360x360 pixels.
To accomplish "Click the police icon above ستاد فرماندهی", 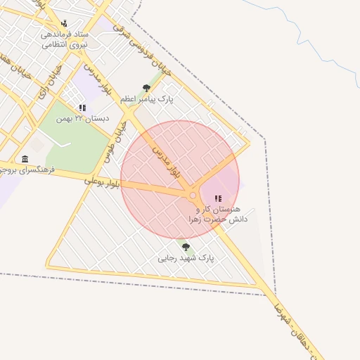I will pyautogui.click(x=65, y=22).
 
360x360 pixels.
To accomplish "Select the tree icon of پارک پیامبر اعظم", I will pyautogui.click(x=146, y=88).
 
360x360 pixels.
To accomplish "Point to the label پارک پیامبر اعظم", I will pyautogui.click(x=146, y=100).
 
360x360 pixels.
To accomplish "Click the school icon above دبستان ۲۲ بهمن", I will pyautogui.click(x=83, y=108).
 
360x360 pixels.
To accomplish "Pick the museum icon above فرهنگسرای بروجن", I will pyautogui.click(x=25, y=158).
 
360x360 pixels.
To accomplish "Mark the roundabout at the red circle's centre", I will pyautogui.click(x=193, y=195).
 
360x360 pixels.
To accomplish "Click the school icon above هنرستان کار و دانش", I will pyautogui.click(x=217, y=199).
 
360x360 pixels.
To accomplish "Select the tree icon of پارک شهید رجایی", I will pyautogui.click(x=186, y=247).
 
